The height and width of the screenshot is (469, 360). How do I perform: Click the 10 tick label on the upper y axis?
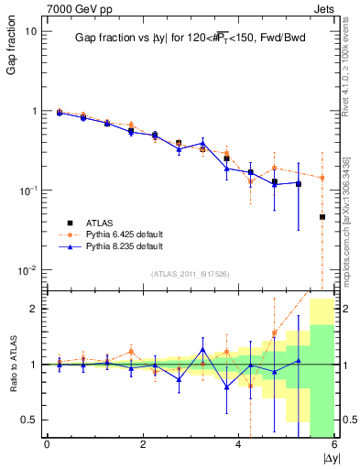tap(30, 31)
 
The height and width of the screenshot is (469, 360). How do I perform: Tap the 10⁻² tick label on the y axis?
tap(27, 269)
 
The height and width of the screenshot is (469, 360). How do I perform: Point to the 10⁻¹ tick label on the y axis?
tap(27, 190)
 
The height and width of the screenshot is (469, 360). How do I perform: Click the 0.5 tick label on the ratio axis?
tap(27, 420)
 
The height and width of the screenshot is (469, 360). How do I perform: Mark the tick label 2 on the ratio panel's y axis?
tap(32, 309)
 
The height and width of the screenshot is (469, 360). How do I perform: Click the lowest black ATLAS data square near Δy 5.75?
tap(322, 217)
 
